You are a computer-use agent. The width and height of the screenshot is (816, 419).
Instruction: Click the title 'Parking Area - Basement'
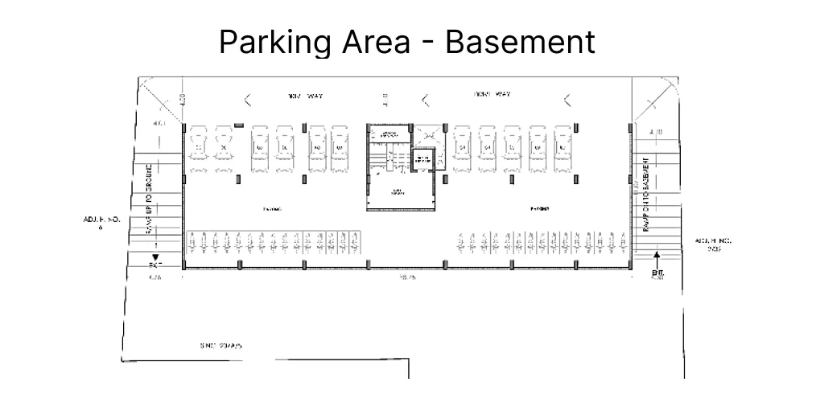point(407,42)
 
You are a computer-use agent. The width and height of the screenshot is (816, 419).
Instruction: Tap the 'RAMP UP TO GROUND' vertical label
point(150,204)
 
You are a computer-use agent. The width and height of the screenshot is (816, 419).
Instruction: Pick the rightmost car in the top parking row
point(563,146)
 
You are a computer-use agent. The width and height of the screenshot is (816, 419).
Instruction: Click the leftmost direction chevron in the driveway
point(247,101)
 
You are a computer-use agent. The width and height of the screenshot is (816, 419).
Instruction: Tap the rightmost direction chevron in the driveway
point(567,101)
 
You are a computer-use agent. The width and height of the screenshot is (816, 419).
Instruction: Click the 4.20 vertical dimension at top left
point(183,101)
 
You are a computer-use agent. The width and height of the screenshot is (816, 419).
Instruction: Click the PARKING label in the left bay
point(272,208)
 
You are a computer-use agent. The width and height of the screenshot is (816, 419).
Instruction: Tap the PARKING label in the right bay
point(540,208)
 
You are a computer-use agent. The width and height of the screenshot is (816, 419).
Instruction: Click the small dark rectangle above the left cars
point(238,125)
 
